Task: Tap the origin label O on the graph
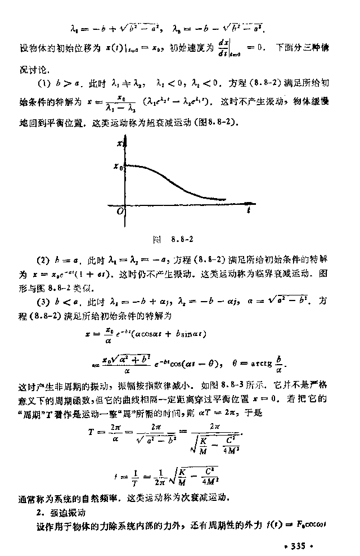120,212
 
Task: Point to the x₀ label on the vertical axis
117,166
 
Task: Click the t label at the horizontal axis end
248,210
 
